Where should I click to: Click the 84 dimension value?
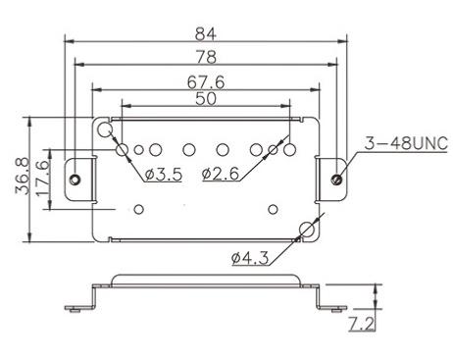(206, 34)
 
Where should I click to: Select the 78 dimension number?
(206, 57)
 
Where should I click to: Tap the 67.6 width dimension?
(206, 82)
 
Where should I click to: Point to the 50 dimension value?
(206, 99)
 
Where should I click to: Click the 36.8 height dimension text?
(23, 177)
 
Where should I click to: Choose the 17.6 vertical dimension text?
(43, 179)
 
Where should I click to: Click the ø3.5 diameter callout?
(164, 175)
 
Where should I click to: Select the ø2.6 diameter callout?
(221, 174)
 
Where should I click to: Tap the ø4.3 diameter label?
(250, 258)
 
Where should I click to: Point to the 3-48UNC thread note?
(406, 143)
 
